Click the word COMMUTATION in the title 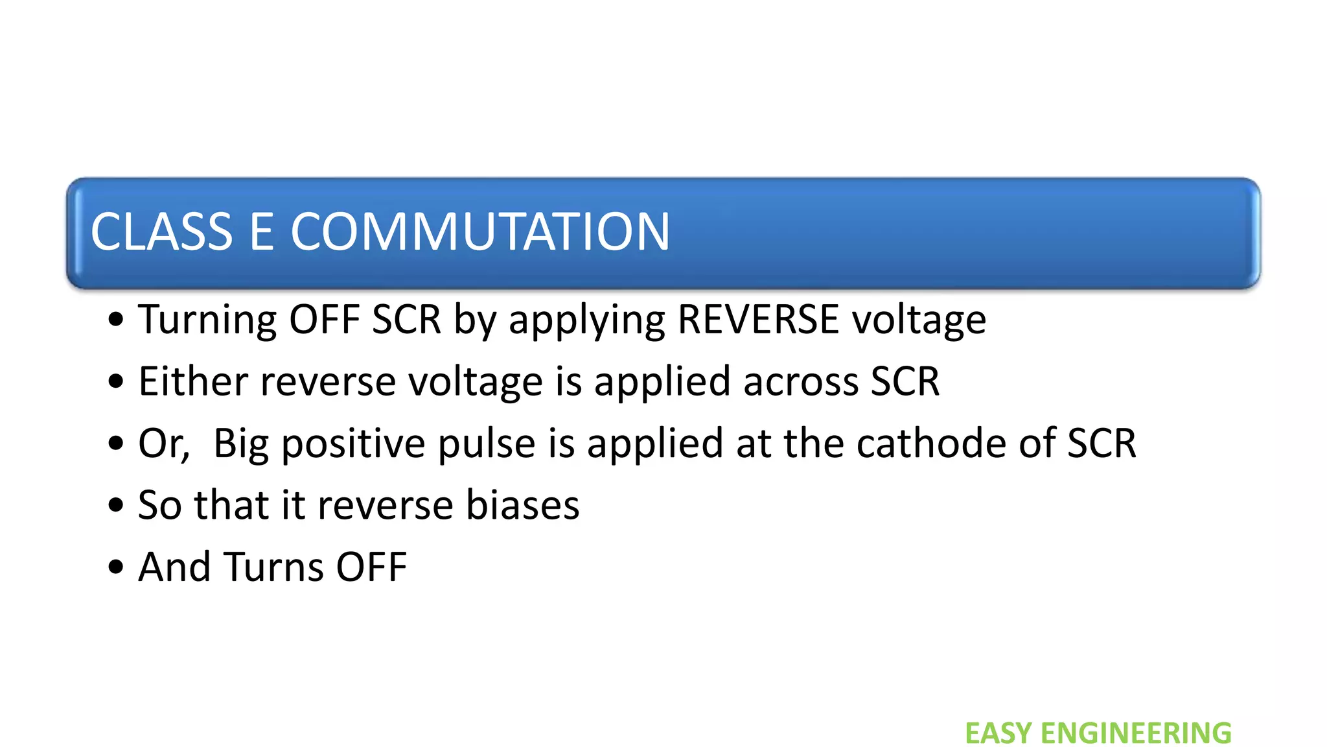coord(480,231)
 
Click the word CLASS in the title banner coord(161,231)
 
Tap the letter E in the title coord(262,231)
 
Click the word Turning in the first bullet coord(207,320)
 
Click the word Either coord(193,381)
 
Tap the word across coord(801,382)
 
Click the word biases coord(522,505)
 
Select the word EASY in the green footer coord(998,733)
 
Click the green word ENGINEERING coord(1136,733)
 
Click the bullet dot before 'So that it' coord(116,506)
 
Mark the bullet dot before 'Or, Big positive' coord(116,444)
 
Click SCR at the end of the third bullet coord(1102,444)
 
